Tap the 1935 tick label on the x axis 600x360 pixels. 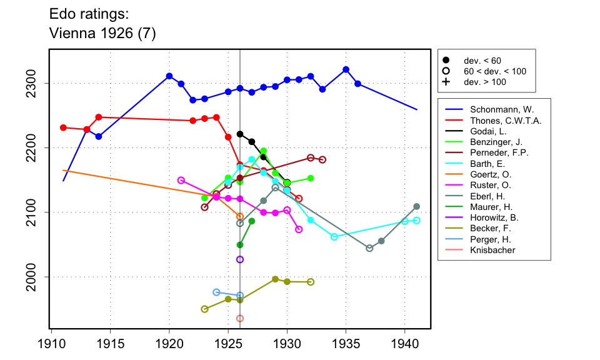346,343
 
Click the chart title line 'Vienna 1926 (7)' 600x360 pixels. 102,34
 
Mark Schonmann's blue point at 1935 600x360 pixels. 346,69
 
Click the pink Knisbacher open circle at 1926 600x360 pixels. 240,318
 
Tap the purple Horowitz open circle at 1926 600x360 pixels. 240,259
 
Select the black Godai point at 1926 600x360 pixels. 240,134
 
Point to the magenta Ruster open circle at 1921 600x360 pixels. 181,180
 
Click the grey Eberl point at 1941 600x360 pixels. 417,206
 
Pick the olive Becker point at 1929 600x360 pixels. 276,279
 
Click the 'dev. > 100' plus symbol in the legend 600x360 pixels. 446,82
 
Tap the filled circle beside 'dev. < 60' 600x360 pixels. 446,61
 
